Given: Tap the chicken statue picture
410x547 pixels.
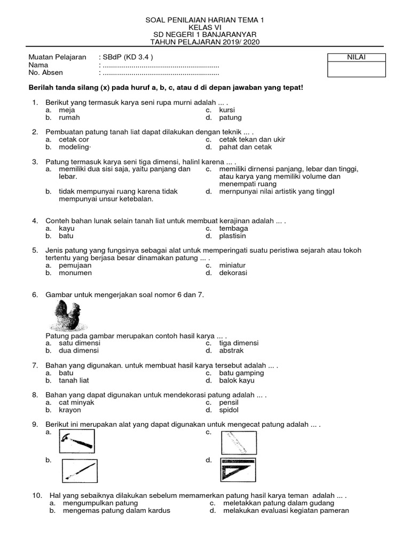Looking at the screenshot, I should point(67,316).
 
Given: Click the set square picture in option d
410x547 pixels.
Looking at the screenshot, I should point(238,470).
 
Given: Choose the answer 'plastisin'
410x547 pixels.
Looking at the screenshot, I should point(232,236).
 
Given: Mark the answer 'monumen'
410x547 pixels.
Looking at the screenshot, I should point(75,272).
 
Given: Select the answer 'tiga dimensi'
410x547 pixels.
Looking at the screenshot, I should point(239,343).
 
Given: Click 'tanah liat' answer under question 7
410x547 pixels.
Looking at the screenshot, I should point(74,380).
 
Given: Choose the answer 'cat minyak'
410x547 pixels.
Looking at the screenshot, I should point(76,402).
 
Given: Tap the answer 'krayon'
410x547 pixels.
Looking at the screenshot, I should point(70,410).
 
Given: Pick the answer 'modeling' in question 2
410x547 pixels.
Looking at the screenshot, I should point(75,147).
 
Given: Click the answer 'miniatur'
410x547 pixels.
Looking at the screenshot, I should point(232,265).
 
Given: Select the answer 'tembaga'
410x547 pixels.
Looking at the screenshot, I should point(233,228).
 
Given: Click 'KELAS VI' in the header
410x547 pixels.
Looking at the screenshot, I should point(204,27).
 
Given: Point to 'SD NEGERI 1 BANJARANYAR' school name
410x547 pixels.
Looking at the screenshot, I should point(204,35).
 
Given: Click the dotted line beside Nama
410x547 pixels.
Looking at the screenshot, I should point(160,65).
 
